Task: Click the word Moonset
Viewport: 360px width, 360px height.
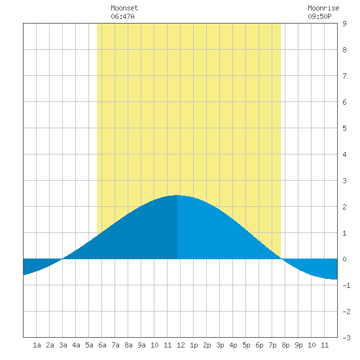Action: (x=124, y=8)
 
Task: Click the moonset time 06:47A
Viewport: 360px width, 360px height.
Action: (x=122, y=16)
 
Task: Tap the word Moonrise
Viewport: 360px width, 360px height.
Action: (x=323, y=8)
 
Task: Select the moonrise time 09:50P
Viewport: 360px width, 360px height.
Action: (x=319, y=16)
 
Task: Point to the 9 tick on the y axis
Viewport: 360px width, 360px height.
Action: (x=344, y=24)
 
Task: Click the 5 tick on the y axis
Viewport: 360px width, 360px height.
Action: (x=344, y=128)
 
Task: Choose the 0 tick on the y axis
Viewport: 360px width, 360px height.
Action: (x=344, y=259)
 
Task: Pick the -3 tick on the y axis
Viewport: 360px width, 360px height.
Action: (x=346, y=338)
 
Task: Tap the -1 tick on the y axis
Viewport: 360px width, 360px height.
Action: (x=346, y=285)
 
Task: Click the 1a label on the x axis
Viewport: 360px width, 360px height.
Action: (x=37, y=345)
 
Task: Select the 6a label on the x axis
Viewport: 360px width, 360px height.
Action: (x=102, y=345)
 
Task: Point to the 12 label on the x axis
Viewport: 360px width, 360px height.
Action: (x=181, y=345)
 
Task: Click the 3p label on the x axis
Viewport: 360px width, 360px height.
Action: (x=220, y=345)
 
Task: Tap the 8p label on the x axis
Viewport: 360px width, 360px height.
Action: (x=285, y=345)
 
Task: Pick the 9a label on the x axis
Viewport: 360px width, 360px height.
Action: (x=141, y=345)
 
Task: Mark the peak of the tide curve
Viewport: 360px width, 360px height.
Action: (x=177, y=196)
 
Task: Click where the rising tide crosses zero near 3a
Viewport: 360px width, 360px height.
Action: (x=62, y=259)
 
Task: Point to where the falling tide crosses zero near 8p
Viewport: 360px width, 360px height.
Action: (x=282, y=259)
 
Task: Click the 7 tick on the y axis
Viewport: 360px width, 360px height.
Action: (x=344, y=76)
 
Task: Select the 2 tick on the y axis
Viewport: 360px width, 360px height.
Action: (x=344, y=207)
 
